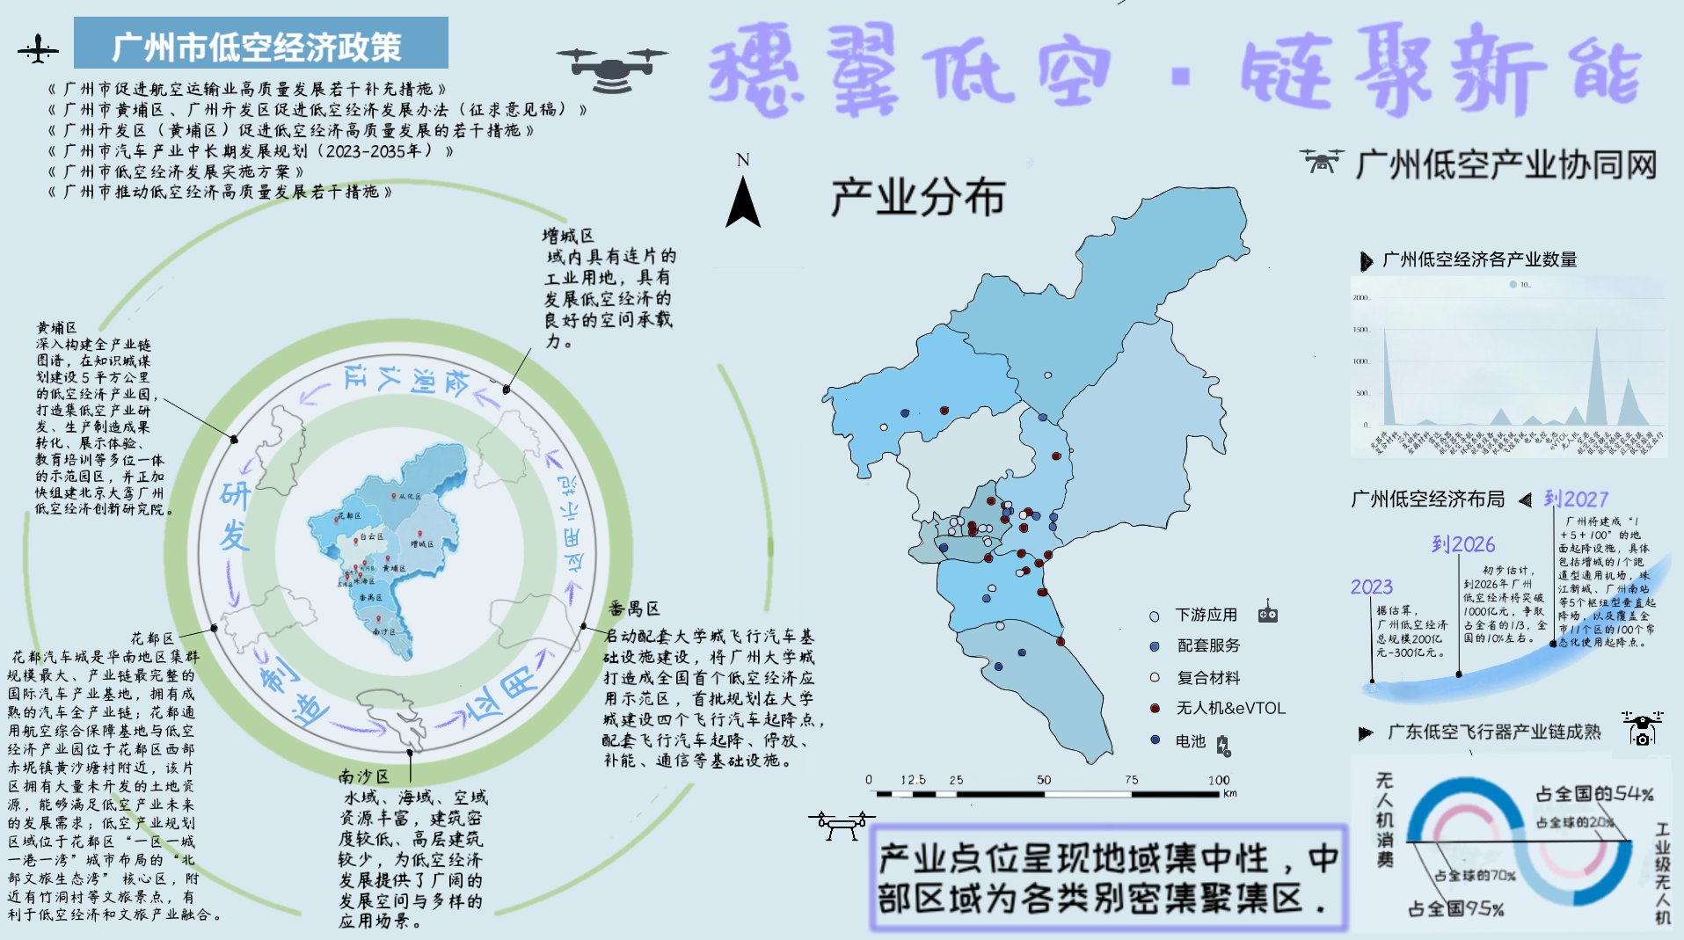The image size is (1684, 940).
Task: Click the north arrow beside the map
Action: [743, 200]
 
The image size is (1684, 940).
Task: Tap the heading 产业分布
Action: [918, 196]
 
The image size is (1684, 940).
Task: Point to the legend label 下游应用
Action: [1206, 615]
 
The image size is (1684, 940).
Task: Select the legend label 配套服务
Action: [1208, 645]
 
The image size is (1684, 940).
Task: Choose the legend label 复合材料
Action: [1208, 677]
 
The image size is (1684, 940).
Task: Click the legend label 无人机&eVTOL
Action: [1230, 708]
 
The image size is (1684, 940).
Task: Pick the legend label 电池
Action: [1190, 741]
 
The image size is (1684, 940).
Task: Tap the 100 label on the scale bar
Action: [1218, 780]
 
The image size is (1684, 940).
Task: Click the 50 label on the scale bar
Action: [1044, 780]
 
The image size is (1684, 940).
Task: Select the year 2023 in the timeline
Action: [1371, 587]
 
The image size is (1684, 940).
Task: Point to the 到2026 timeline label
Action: [1462, 544]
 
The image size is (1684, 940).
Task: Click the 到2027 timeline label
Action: [1576, 499]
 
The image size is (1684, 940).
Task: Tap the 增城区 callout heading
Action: [568, 236]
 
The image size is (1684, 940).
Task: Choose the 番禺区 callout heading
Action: [633, 608]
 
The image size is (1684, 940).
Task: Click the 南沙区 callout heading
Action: [363, 776]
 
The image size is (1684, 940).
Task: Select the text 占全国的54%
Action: [1593, 794]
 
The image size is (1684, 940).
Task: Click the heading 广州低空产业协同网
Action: [1505, 164]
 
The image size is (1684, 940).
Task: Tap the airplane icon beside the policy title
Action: [38, 49]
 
